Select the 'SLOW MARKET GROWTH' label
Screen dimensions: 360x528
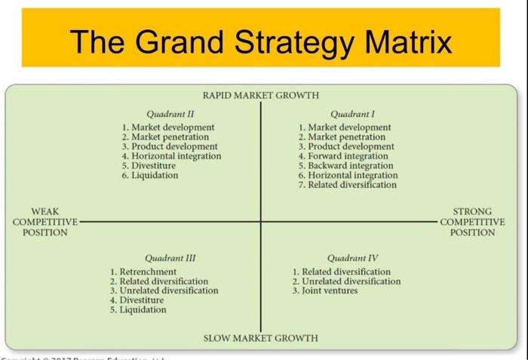(x=260, y=337)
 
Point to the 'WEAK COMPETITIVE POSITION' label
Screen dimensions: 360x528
(x=45, y=222)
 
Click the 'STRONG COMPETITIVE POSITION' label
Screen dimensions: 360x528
(x=472, y=222)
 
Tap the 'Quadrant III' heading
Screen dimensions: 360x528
(x=170, y=257)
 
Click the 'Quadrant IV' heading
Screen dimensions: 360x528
(x=348, y=257)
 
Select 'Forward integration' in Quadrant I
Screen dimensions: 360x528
(x=350, y=156)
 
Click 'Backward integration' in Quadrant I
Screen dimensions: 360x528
(x=350, y=165)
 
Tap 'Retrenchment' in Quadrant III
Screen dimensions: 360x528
(x=148, y=272)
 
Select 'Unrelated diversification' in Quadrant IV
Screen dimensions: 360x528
(x=351, y=281)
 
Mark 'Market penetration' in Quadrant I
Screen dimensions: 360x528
(x=347, y=137)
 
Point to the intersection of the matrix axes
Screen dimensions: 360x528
(x=261, y=221)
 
